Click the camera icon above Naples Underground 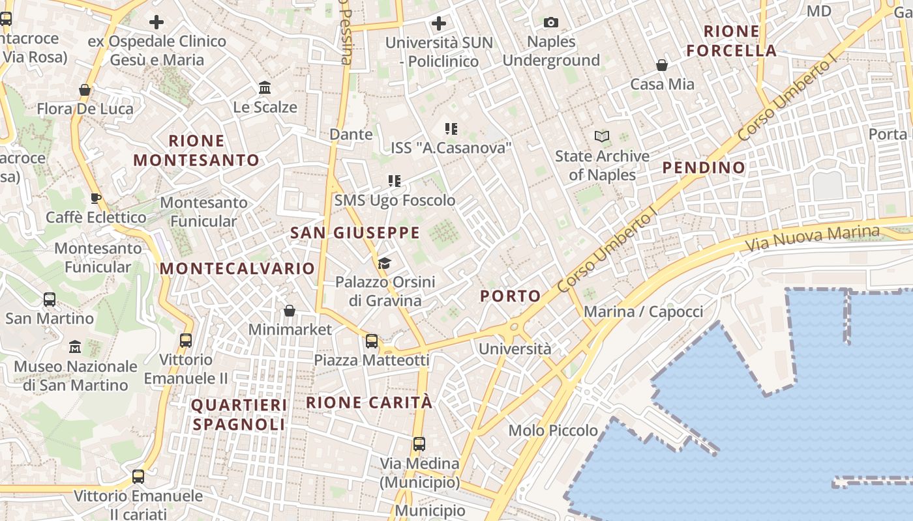coord(551,23)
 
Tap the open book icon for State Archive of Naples coord(602,136)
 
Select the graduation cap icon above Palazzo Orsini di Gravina coord(384,263)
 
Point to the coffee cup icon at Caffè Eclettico coord(95,198)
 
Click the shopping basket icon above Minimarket coord(290,311)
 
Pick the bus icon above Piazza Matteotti coord(372,341)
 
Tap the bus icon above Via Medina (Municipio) coord(419,444)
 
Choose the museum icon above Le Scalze coord(265,87)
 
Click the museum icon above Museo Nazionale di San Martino coord(75,346)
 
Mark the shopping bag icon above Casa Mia coord(662,65)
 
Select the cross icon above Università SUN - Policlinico coord(439,23)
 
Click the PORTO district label coord(511,296)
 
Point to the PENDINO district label coord(704,167)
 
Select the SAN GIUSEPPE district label coord(355,232)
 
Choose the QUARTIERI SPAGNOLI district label coord(239,415)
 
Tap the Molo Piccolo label coord(553,430)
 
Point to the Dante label coord(352,134)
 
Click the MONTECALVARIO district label coord(237,268)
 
